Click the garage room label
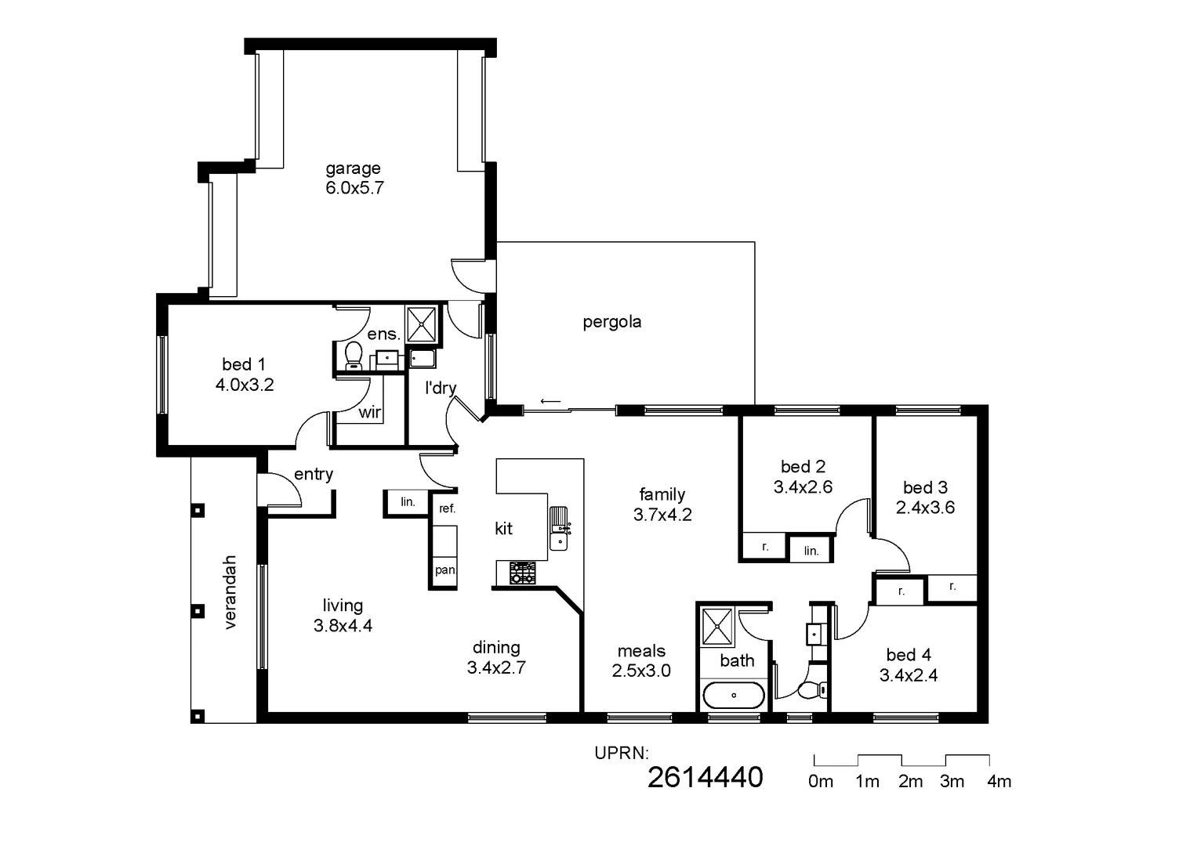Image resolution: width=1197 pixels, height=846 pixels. pos(353,168)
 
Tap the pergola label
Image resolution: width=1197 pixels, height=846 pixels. pos(611,322)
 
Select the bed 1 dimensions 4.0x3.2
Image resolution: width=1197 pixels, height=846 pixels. pos(245,385)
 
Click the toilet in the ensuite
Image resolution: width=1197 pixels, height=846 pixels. pos(354,355)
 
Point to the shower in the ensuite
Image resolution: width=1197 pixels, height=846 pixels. pos(421,324)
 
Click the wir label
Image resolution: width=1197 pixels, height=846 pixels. pos(369,412)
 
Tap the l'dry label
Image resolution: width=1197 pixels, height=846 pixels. pos(440,388)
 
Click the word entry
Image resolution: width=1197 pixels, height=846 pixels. pos(314,474)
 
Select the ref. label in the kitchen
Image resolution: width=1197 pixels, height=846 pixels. pos(447,508)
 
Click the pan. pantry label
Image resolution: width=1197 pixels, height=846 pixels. pos(445,569)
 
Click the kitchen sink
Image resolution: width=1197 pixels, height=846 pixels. pos(560,529)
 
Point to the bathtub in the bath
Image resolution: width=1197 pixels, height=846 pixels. pos(734,695)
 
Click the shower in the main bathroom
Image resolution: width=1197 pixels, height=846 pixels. pos(716,626)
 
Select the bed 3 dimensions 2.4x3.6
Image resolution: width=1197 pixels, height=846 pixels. pos(925,508)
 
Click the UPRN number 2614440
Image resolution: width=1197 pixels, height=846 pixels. pos(705,777)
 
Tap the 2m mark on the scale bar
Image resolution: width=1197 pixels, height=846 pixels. pos(910,781)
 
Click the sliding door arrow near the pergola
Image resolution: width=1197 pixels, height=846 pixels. pos(550,403)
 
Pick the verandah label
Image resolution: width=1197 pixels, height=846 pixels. pos(230,592)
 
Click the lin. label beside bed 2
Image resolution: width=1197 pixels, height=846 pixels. pos(811,551)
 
